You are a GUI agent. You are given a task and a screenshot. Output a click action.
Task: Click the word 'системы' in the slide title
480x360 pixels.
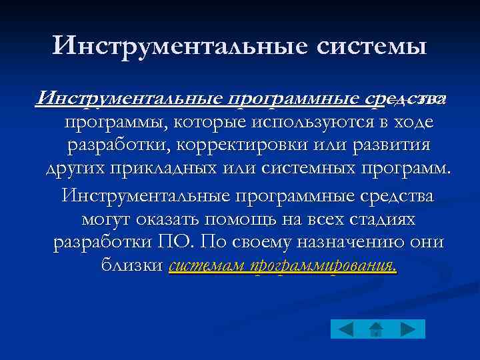point(369,46)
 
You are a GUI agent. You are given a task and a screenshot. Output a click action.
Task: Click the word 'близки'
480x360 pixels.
point(131,265)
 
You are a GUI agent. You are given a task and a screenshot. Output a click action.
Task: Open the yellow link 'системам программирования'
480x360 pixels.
point(283,266)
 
